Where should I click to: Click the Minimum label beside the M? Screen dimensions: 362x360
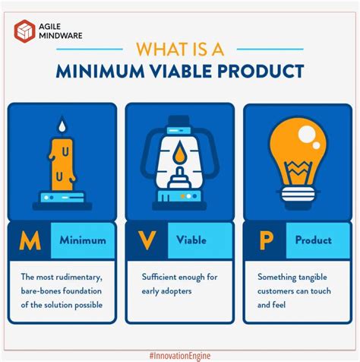point(84,240)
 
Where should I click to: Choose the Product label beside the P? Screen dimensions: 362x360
point(314,240)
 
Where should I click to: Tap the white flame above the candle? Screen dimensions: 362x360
point(60,125)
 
